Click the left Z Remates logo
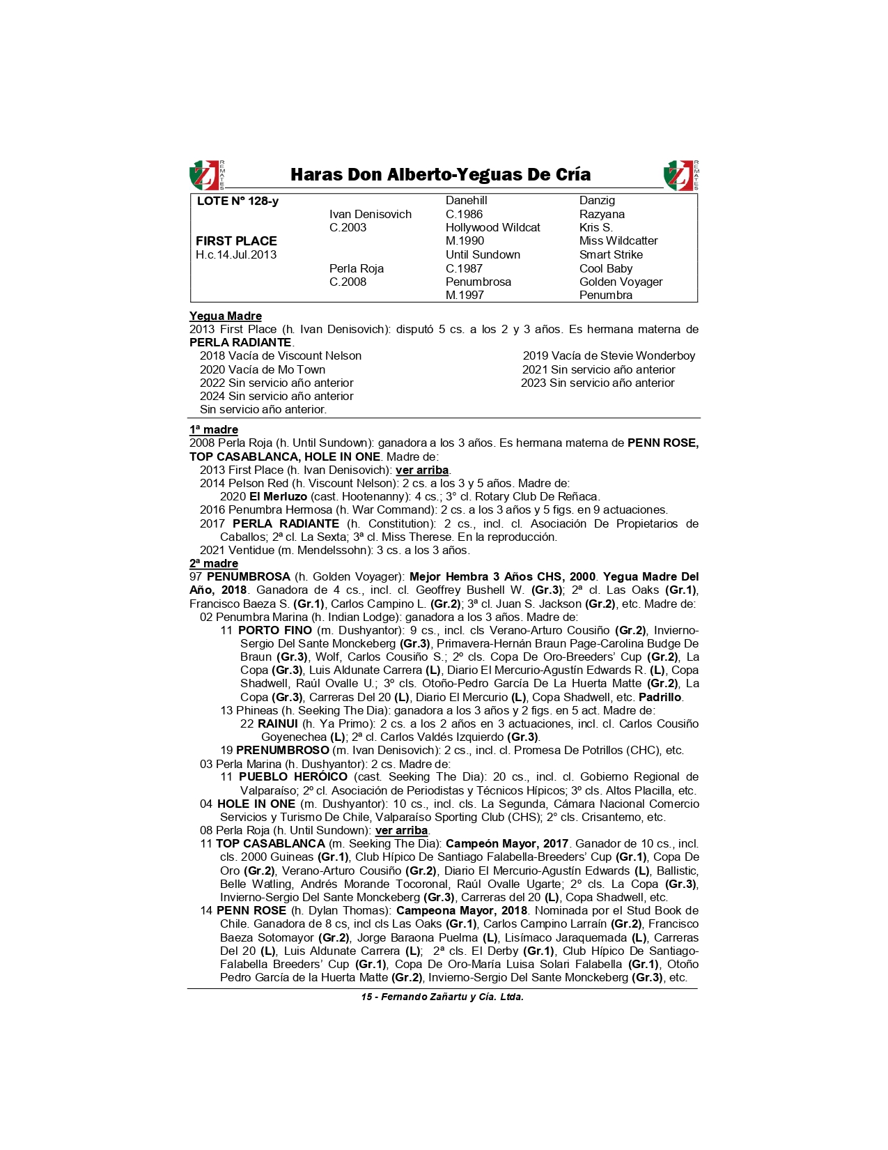tap(207, 175)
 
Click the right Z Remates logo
tap(680, 175)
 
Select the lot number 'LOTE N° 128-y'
tap(237, 201)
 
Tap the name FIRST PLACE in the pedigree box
tap(236, 241)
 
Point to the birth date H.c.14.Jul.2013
tap(236, 255)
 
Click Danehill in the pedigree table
tap(466, 201)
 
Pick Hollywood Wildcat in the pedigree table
tap(492, 228)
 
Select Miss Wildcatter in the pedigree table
tap(618, 241)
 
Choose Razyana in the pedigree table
tap(602, 215)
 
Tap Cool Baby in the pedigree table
tap(606, 268)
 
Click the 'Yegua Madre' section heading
tap(226, 316)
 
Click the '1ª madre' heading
tap(214, 430)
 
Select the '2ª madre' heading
tap(214, 564)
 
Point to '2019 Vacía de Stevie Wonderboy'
tap(609, 356)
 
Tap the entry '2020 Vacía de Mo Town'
tap(263, 370)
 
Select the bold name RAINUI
tap(277, 724)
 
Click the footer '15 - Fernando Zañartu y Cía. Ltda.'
tap(442, 997)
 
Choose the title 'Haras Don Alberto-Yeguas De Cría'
tap(440, 175)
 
